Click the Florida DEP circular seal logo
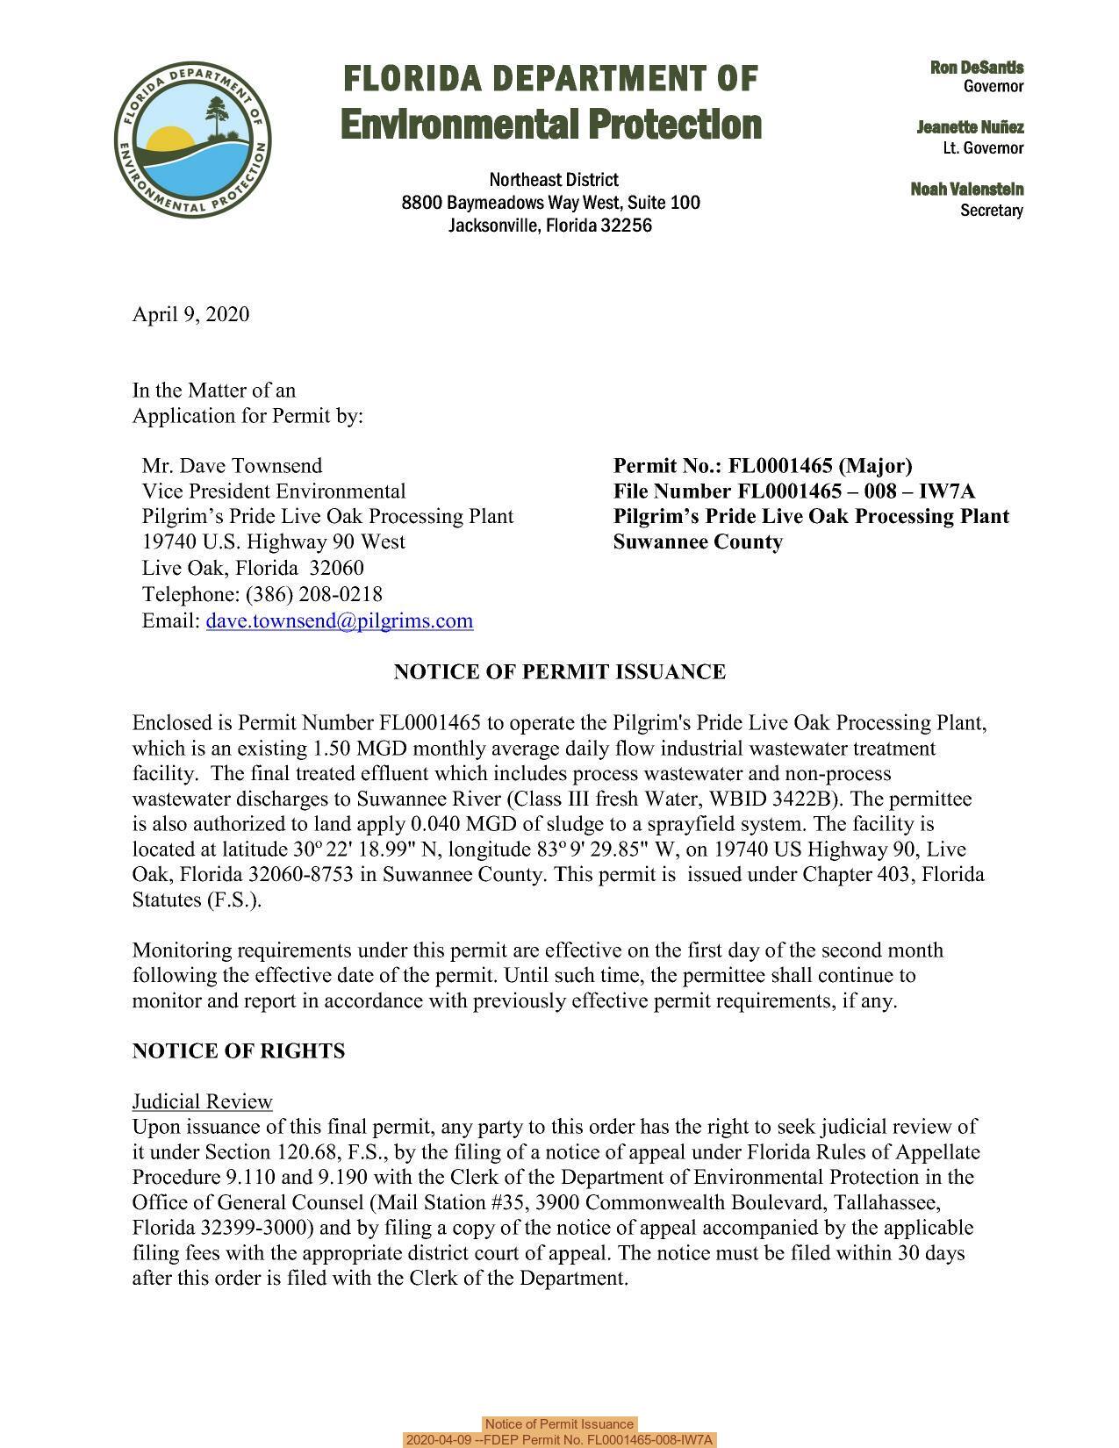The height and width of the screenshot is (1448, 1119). pos(192,141)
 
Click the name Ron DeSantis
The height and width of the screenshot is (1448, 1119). pos(977,68)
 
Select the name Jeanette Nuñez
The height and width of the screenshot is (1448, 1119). pos(970,128)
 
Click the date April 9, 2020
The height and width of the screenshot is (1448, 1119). pos(190,314)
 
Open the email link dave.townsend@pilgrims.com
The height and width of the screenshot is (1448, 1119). pos(339,620)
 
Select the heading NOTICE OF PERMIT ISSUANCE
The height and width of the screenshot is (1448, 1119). pos(559,672)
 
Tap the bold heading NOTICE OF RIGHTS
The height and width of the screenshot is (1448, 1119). pos(238,1050)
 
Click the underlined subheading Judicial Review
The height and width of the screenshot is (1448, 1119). pos(202,1101)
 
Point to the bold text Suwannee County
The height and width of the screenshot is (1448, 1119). pos(698,541)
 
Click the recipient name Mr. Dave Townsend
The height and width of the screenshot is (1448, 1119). pos(232,465)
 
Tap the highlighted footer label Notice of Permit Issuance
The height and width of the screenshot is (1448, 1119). pos(559,1424)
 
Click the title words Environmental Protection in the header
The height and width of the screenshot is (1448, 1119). pos(550,124)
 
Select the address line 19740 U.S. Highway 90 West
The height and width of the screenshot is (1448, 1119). pos(273,541)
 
